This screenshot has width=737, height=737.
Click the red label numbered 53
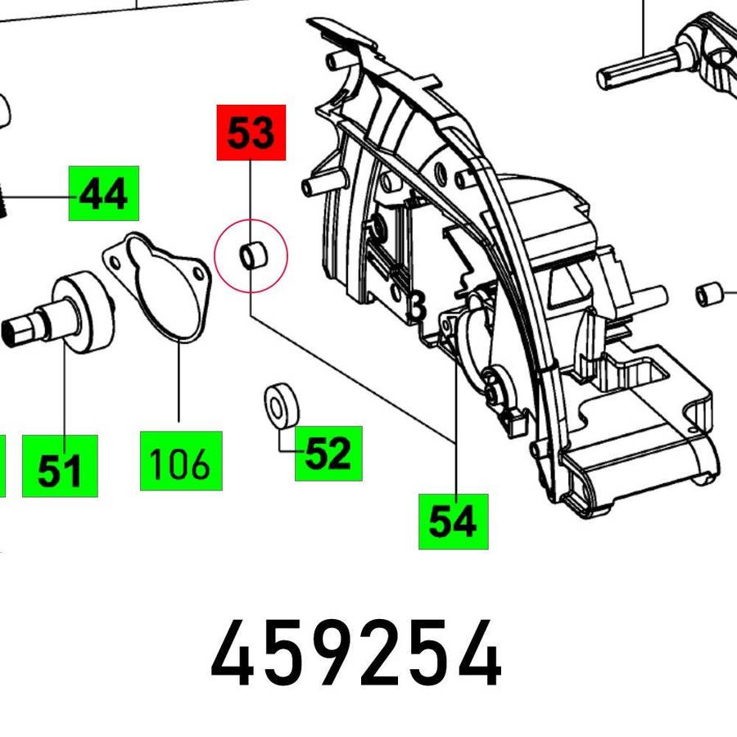click(x=251, y=133)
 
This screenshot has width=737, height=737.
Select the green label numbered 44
click(x=104, y=193)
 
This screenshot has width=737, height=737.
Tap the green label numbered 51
click(x=60, y=466)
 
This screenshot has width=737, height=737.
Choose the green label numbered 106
click(x=181, y=460)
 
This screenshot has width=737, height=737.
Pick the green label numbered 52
click(x=328, y=453)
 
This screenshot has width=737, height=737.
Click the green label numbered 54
click(x=454, y=522)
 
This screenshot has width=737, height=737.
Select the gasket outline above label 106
click(x=157, y=287)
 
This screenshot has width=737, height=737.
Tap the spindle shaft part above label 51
click(x=57, y=311)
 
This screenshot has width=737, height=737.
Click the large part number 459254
click(x=356, y=653)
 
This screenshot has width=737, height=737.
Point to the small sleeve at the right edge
click(x=709, y=294)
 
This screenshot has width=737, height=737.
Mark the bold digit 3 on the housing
click(x=417, y=307)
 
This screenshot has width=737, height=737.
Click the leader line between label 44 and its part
click(x=34, y=197)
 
